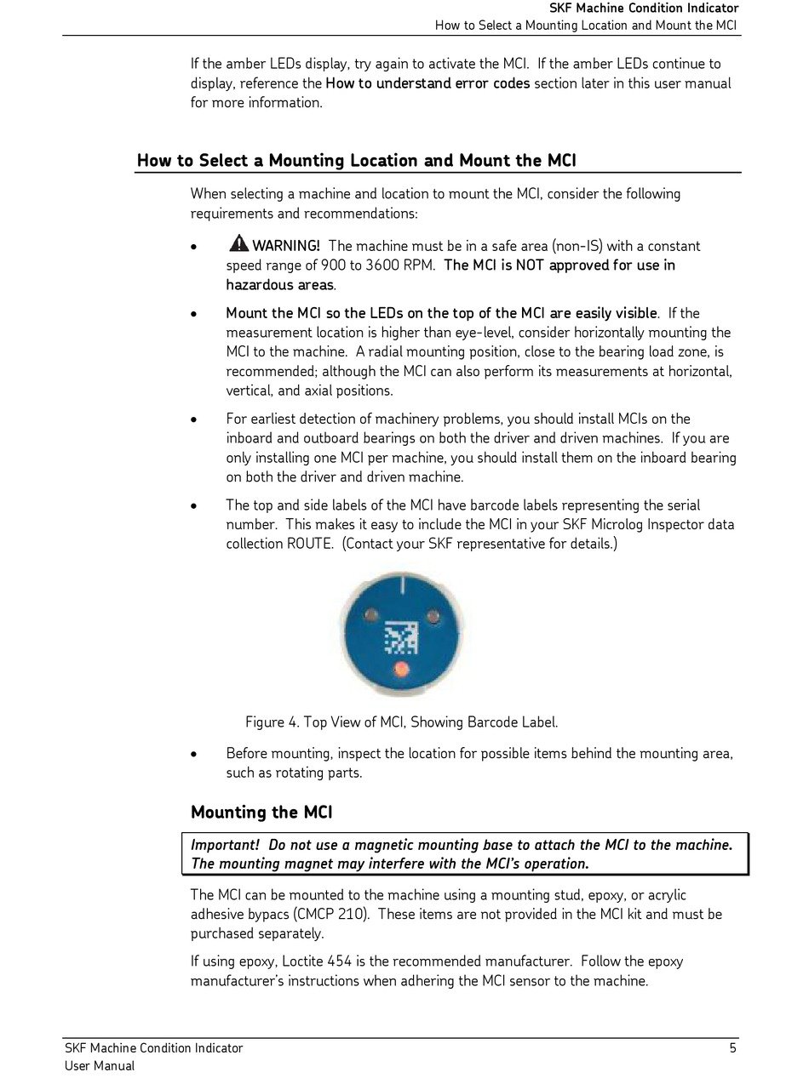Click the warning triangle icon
[x=238, y=243]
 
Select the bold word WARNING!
[x=286, y=246]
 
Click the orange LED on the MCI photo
[x=401, y=670]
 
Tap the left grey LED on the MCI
[x=370, y=614]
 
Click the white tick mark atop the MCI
[x=401, y=585]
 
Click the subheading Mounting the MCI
[x=261, y=813]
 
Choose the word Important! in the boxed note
[x=225, y=845]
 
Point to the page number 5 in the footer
[x=732, y=1048]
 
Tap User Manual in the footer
[x=100, y=1066]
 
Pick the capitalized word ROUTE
[x=308, y=544]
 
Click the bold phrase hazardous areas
[x=280, y=285]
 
